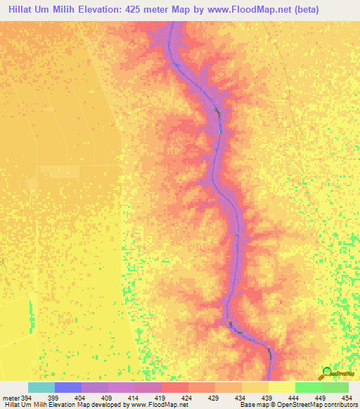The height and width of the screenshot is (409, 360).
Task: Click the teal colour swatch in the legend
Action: pyautogui.click(x=41, y=387)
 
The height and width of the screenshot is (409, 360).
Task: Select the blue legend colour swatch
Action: pyautogui.click(x=68, y=387)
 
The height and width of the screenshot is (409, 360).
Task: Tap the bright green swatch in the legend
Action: pyautogui.click(x=309, y=387)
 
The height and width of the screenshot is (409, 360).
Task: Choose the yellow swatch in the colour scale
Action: pyautogui.click(x=282, y=387)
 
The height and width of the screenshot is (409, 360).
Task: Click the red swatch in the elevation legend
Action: pyautogui.click(x=175, y=387)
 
